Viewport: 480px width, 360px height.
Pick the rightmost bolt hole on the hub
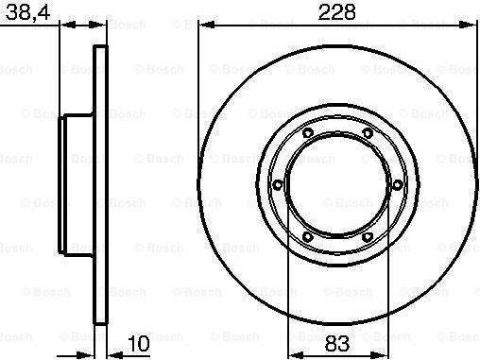397,183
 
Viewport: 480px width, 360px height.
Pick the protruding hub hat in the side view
77,183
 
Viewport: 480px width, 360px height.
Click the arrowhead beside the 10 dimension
110,351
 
